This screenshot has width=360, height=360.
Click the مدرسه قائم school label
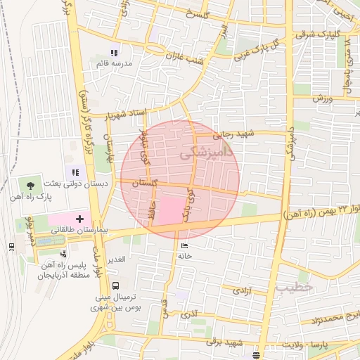coord(115,64)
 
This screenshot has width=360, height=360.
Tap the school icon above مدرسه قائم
coord(115,53)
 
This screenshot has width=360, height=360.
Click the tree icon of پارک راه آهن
coord(30,184)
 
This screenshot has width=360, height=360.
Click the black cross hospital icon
coord(79,219)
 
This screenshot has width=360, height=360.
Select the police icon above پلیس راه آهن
coord(64,254)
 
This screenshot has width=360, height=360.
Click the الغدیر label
coord(116,259)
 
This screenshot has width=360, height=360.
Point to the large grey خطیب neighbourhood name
coord(292,287)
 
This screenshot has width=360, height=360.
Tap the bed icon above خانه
coord(185,245)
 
